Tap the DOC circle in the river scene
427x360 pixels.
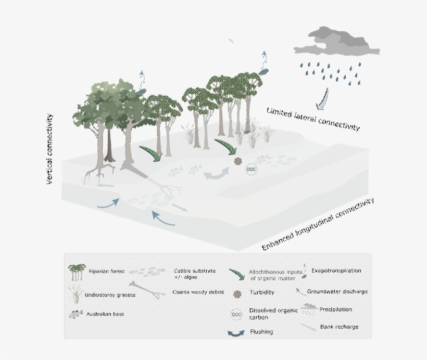pyautogui.click(x=252, y=169)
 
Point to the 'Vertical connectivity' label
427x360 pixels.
pyautogui.click(x=51, y=150)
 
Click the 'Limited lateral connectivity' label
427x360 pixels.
pyautogui.click(x=312, y=119)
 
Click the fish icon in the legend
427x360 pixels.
pyautogui.click(x=76, y=314)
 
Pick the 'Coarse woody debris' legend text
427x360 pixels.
pyautogui.click(x=198, y=292)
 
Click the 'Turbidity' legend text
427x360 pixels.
pyautogui.click(x=262, y=293)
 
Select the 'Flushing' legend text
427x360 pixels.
pyautogui.click(x=261, y=331)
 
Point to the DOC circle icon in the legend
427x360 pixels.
pyautogui.click(x=236, y=313)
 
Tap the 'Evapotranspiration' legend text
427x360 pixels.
pyautogui.click(x=336, y=271)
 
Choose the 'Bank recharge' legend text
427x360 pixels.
pyautogui.click(x=340, y=327)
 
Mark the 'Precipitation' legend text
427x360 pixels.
pyautogui.click(x=336, y=310)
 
